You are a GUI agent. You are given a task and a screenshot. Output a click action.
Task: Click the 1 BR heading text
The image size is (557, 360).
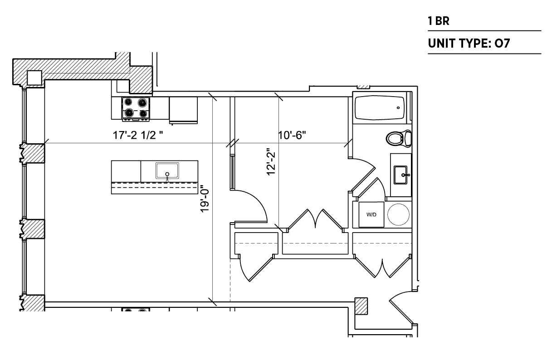439,21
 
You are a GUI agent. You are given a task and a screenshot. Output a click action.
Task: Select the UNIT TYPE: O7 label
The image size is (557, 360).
469,43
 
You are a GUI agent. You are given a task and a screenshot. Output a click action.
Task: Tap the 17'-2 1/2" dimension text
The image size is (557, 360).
138,135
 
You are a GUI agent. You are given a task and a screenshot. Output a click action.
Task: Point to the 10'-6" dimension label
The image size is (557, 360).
292,135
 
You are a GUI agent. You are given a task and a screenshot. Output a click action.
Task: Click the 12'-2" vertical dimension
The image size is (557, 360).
271,162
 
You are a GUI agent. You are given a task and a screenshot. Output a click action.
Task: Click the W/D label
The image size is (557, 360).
371,214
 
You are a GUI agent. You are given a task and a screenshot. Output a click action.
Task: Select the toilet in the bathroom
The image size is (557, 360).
399,138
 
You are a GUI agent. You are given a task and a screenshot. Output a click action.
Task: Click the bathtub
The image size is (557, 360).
380,107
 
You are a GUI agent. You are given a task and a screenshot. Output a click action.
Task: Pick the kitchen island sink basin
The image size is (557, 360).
167,170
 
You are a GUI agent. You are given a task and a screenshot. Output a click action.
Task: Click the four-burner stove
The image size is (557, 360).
136,109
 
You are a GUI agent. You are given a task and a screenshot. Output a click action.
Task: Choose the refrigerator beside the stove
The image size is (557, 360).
183,110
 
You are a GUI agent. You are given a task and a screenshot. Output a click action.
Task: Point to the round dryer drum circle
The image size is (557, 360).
398,214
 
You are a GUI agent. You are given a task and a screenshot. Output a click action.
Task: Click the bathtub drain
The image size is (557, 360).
398,108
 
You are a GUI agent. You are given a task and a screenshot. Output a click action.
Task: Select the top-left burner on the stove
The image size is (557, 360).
128,102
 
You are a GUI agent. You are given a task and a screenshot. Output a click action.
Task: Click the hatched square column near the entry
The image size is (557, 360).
361,306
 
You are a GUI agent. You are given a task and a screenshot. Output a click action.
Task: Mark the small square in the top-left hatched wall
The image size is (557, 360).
34,78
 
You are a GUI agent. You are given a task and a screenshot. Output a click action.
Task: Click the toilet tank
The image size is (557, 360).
408,138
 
